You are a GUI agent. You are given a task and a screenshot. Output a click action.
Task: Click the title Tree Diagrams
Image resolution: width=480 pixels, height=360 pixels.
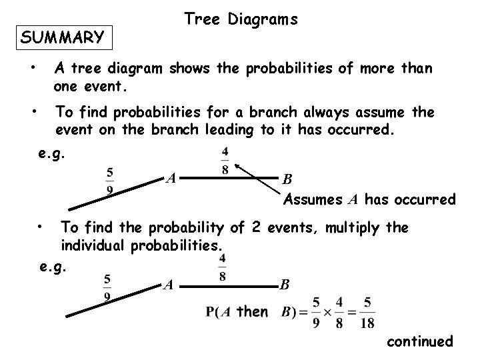click(241, 20)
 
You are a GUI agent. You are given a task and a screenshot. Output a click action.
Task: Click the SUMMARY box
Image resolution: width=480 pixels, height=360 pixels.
click(63, 37)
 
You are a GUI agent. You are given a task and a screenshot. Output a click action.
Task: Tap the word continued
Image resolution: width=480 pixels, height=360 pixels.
click(419, 341)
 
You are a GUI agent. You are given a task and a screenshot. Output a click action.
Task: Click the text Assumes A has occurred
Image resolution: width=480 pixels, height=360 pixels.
click(369, 199)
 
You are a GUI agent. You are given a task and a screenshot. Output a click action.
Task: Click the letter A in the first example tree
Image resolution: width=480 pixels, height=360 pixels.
click(171, 178)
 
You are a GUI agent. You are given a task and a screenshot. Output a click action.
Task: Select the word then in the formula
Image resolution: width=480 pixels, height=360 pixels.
click(253, 311)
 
